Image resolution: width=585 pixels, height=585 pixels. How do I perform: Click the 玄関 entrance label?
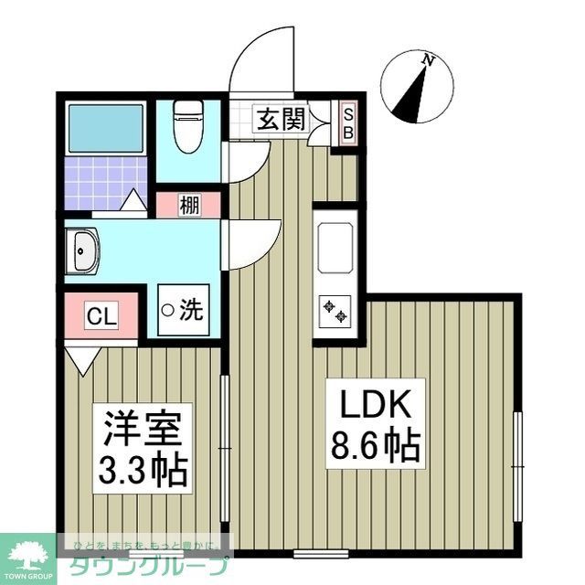(281, 119)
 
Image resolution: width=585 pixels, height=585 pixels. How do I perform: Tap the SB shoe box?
(348, 122)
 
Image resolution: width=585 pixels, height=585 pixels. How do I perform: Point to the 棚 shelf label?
(189, 206)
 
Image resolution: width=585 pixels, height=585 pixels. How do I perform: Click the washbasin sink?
(83, 250)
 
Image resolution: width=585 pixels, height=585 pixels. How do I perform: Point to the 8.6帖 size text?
(373, 446)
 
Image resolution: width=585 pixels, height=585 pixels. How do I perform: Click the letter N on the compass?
(427, 60)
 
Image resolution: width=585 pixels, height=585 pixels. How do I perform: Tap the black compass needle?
(412, 95)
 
